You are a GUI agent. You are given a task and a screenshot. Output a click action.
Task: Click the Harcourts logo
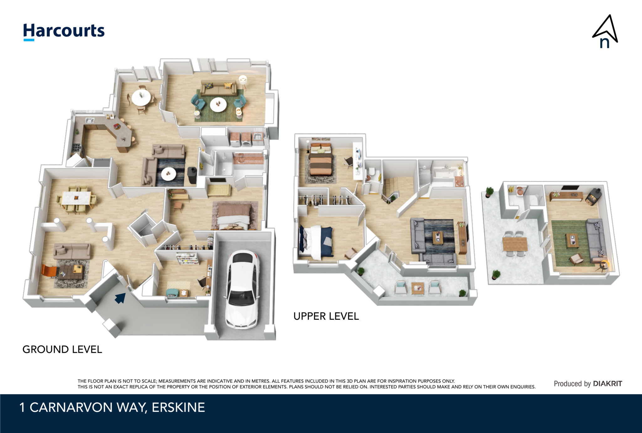tap(64, 32)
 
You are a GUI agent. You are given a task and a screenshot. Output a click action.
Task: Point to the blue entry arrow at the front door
tap(120, 298)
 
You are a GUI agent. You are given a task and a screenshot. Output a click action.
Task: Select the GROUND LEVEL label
tap(62, 349)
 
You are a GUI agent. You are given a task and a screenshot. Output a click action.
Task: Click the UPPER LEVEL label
tap(326, 316)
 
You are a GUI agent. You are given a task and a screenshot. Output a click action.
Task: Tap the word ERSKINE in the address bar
tap(178, 407)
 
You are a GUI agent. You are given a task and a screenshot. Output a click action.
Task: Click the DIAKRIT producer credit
tap(608, 383)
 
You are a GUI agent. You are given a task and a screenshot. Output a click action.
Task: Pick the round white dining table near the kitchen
tap(141, 98)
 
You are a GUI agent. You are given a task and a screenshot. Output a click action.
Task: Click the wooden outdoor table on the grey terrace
tap(515, 244)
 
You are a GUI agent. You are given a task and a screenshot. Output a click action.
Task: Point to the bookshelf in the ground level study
tap(187, 259)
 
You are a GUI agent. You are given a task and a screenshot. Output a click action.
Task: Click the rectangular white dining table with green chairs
tap(76, 198)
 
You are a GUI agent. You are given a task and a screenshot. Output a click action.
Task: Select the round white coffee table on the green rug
tap(218, 104)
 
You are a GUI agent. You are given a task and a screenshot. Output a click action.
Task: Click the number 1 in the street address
tap(22, 407)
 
